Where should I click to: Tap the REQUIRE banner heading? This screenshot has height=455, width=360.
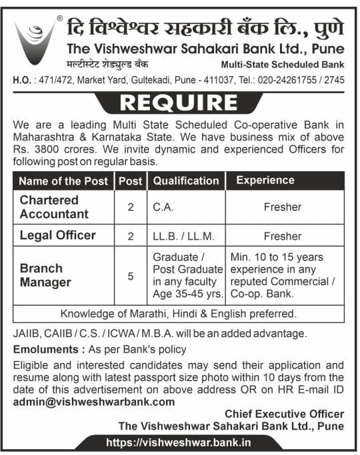point(180,103)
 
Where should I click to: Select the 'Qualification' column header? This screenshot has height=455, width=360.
point(186,181)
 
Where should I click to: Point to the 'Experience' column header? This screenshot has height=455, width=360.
point(265,181)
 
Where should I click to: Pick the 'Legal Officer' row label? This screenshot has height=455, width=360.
point(57,235)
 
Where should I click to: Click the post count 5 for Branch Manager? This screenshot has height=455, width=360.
point(131,275)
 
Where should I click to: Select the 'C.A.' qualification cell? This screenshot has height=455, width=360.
point(163,207)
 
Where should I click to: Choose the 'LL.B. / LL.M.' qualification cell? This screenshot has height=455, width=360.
point(182,235)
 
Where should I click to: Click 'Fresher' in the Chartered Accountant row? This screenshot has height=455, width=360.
point(283,207)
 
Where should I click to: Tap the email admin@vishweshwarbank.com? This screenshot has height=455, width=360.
point(94,401)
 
